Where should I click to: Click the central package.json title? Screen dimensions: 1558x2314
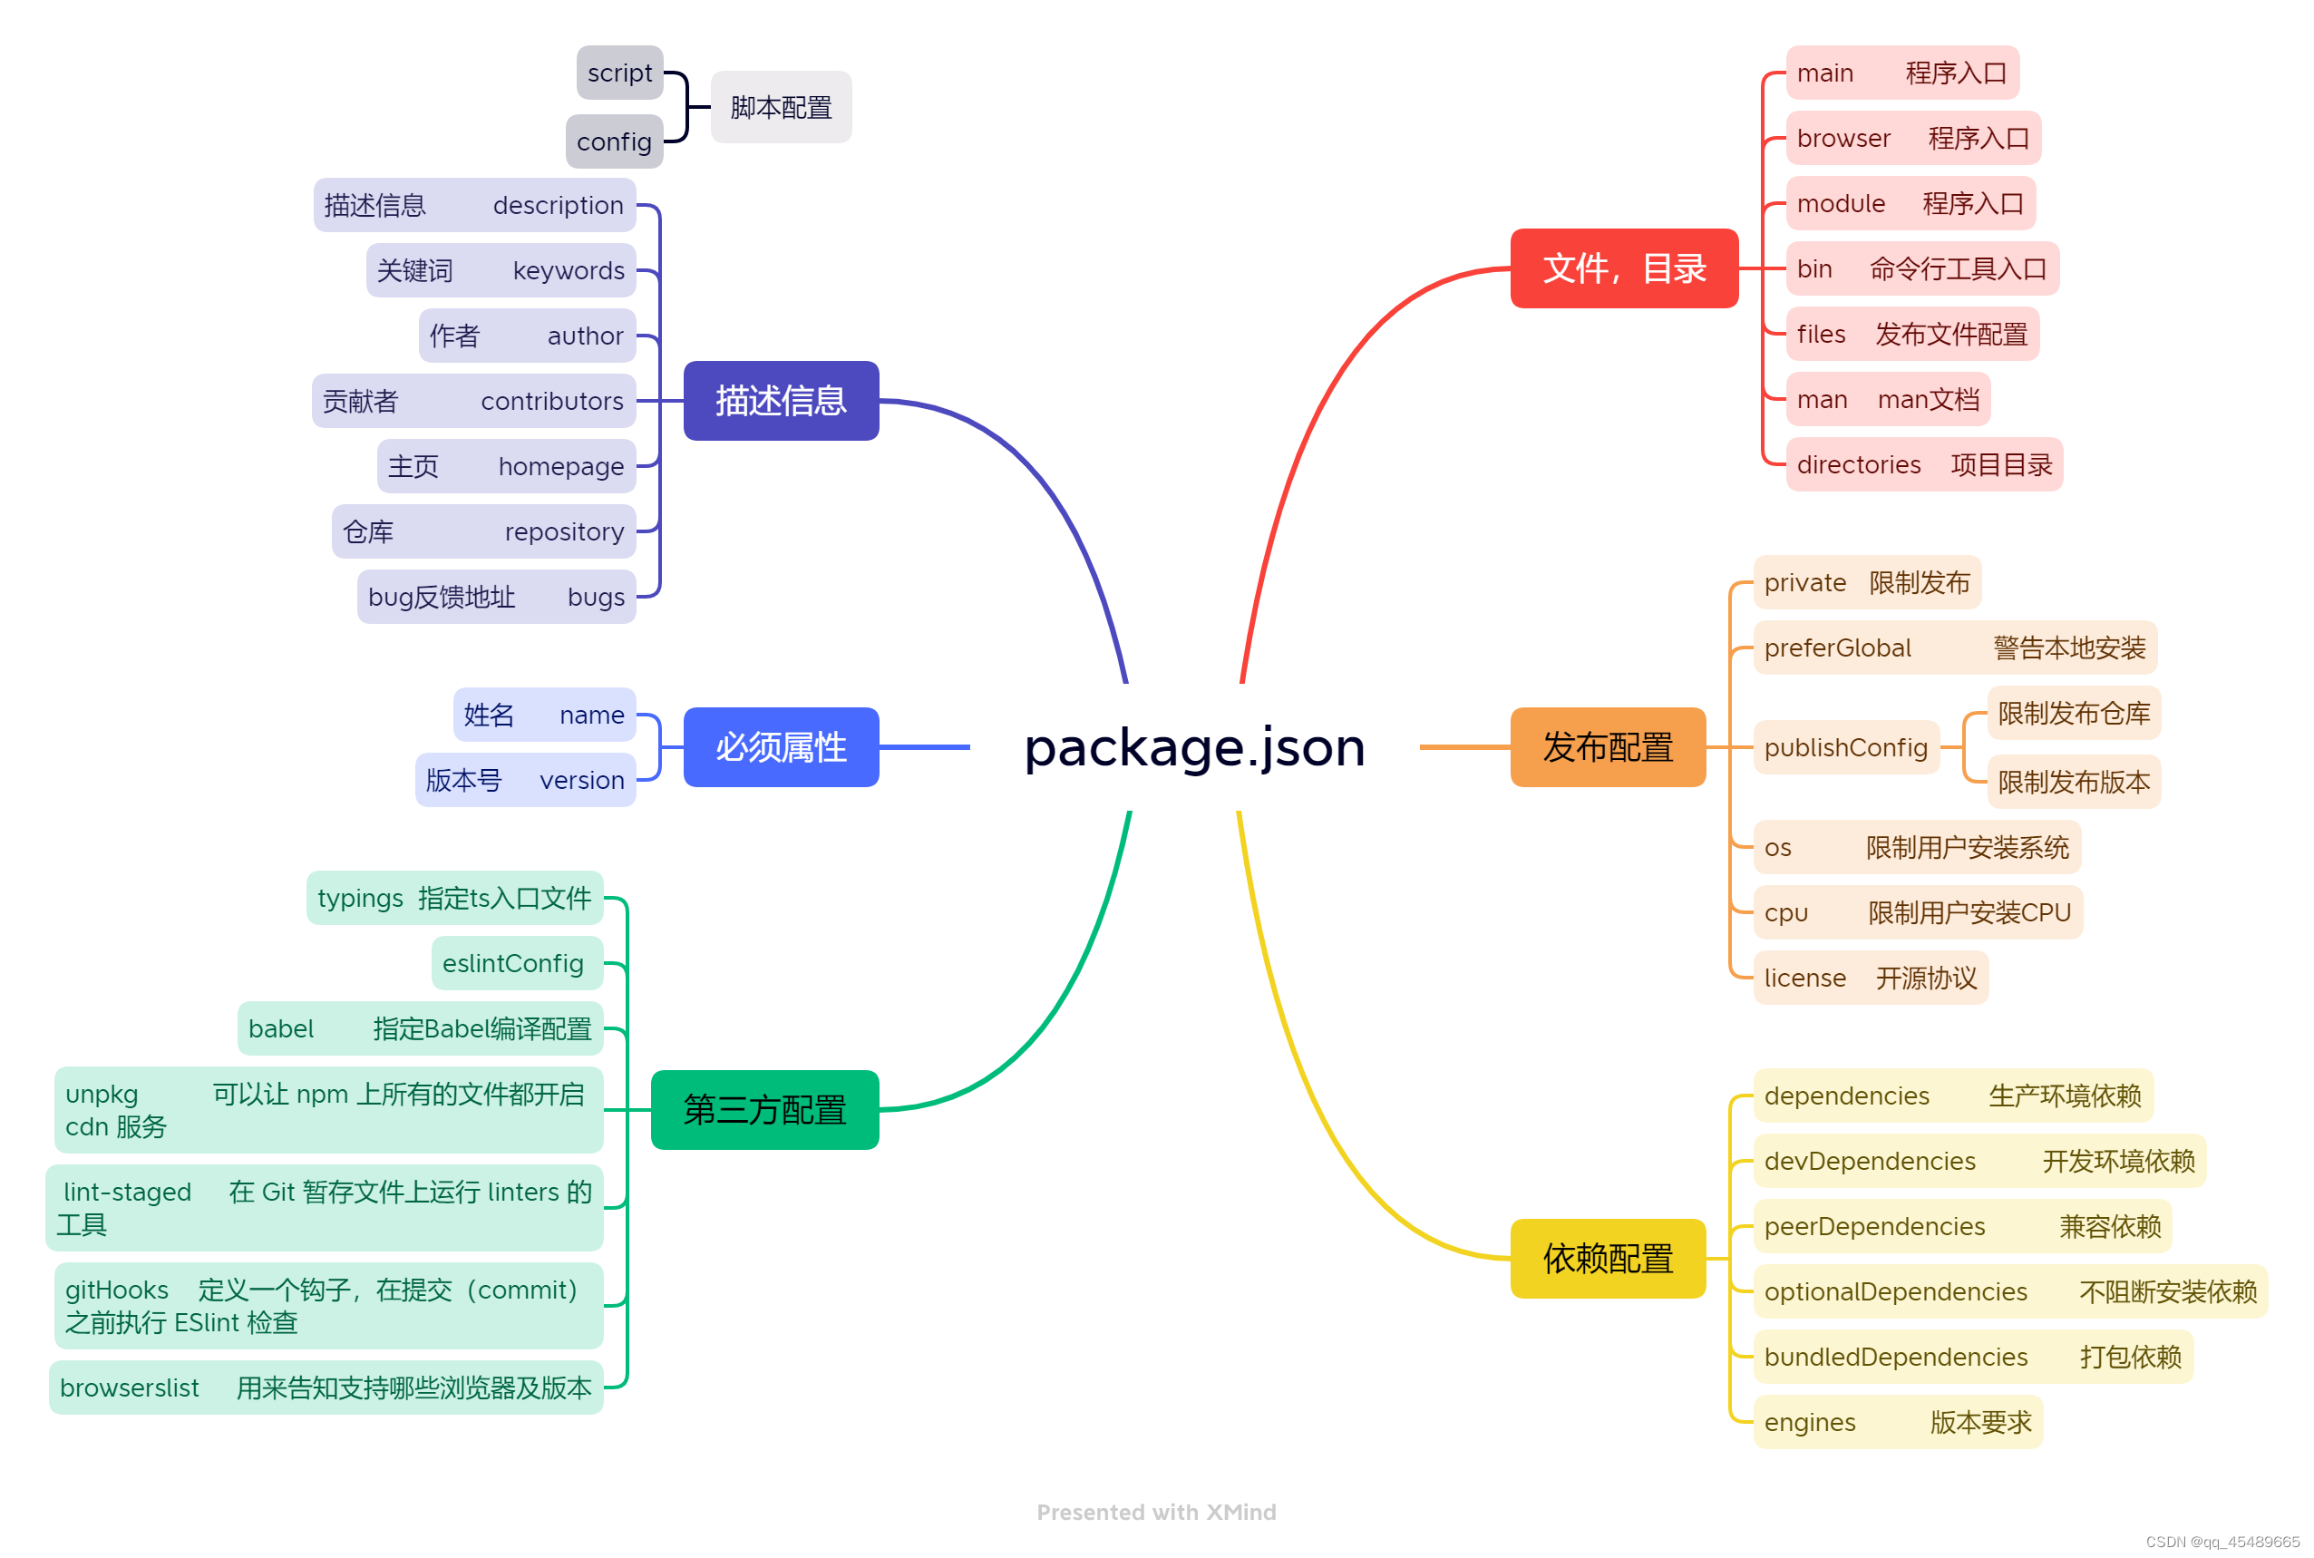pos(1193,747)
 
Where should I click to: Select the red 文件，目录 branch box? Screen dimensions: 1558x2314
pos(1622,268)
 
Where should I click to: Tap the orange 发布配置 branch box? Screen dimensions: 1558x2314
pos(1607,747)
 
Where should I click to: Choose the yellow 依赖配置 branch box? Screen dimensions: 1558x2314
pos(1607,1258)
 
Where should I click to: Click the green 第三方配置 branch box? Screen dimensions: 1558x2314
pos(764,1109)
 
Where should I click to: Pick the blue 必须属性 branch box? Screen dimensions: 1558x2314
pos(780,747)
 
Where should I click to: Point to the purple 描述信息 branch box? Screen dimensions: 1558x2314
pos(780,401)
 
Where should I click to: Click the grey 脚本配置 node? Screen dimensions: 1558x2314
pos(780,107)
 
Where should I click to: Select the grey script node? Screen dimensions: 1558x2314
pos(619,73)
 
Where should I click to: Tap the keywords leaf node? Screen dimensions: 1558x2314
pos(501,270)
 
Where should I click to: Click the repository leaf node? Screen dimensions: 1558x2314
pos(483,531)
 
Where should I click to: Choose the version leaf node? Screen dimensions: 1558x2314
pos(525,780)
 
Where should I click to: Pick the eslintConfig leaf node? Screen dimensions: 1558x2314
pos(517,963)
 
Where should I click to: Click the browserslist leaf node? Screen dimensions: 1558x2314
pos(326,1388)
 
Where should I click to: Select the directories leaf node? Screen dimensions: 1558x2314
pos(1923,464)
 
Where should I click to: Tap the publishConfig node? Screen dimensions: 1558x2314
pos(1845,747)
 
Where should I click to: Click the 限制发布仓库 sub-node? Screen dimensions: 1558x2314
pos(2073,713)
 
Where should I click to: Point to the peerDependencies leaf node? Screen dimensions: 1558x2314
pos(1961,1226)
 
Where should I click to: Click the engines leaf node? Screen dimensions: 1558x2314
pos(1897,1422)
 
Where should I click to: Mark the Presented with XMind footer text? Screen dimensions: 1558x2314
pos(1155,1512)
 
